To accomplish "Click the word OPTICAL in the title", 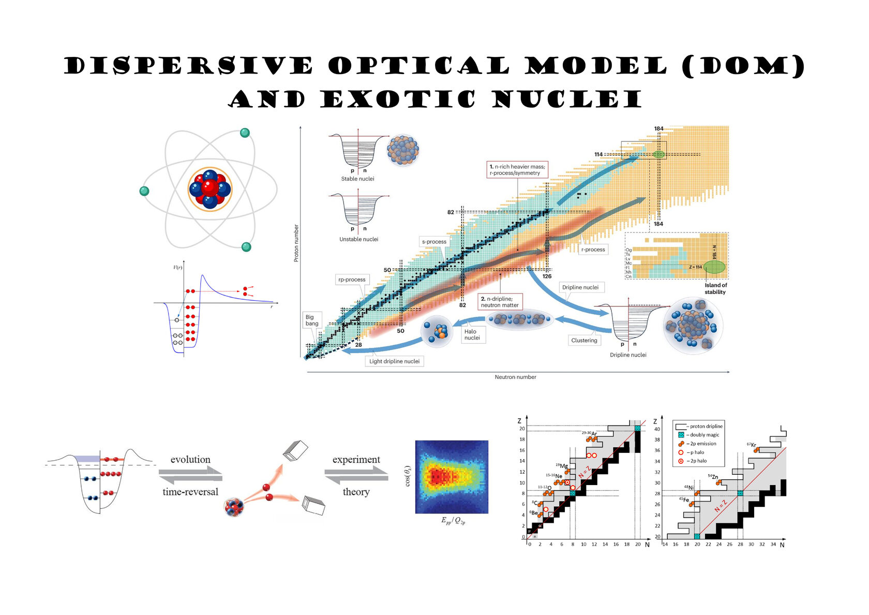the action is [419, 67].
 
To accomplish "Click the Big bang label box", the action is [312, 320].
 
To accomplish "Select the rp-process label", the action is [352, 280].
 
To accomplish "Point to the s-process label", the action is [434, 242].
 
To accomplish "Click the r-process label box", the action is [593, 250].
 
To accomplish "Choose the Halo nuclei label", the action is [472, 335].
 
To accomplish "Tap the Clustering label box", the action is [584, 340].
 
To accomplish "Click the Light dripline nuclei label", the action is [394, 361].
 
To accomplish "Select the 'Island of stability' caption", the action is [715, 288].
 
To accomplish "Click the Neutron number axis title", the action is [515, 377].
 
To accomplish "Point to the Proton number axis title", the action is [296, 243].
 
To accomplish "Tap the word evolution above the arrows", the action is [190, 460].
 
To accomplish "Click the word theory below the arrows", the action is [356, 492].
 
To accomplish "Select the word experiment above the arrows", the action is [356, 460].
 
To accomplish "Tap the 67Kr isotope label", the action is [752, 445].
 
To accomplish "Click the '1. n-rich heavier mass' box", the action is [517, 170].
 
